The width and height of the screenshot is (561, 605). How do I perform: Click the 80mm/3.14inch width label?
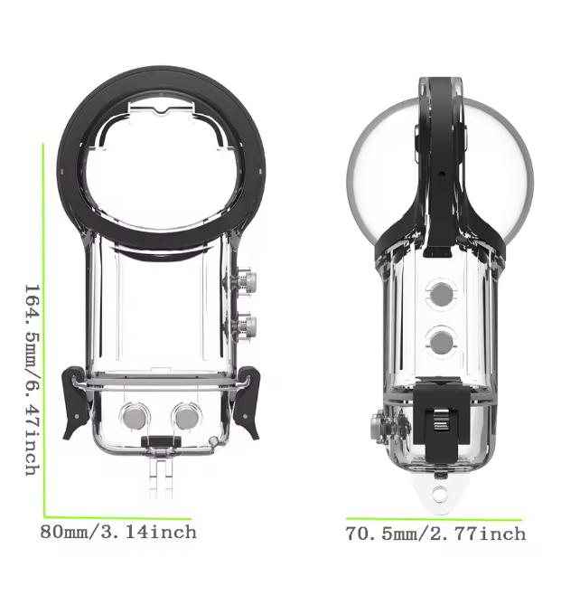118,533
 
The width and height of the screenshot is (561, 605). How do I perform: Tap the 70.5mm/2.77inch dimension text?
435,534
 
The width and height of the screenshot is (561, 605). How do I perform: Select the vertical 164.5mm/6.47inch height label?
33,380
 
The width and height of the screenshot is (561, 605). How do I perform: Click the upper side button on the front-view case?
248,281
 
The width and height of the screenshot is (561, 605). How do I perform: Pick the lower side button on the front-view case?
248,327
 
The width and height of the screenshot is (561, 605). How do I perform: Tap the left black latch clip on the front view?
77,403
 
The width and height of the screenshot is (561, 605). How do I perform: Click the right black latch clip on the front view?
247,403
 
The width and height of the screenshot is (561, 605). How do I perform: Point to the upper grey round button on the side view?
442,295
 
